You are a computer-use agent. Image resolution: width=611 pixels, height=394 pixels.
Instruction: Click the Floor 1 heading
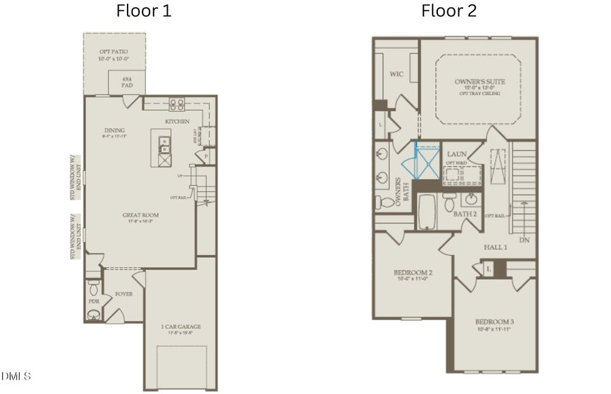[x=144, y=11]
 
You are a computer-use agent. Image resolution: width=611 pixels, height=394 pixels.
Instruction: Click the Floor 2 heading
[x=449, y=11]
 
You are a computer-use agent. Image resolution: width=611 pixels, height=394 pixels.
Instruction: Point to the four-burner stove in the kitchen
[x=177, y=104]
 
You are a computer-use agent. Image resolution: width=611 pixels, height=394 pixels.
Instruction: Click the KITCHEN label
[x=177, y=121]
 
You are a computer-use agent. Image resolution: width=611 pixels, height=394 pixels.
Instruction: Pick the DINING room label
[x=113, y=132]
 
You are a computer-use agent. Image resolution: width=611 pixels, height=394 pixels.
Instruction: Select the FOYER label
[x=124, y=294]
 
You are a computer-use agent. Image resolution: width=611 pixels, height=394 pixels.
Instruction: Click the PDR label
[x=94, y=300]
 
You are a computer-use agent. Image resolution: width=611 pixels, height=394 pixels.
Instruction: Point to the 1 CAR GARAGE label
[x=181, y=328]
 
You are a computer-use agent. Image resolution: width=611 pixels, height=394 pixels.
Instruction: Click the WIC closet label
[x=397, y=74]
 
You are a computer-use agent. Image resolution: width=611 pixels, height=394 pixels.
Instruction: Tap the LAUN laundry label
[x=456, y=153]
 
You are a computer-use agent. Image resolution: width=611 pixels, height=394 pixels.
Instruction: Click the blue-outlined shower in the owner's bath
[x=425, y=163]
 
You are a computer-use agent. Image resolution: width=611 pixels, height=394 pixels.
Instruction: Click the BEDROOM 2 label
[x=413, y=273]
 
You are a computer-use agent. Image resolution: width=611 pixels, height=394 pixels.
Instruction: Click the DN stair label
[x=523, y=240]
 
